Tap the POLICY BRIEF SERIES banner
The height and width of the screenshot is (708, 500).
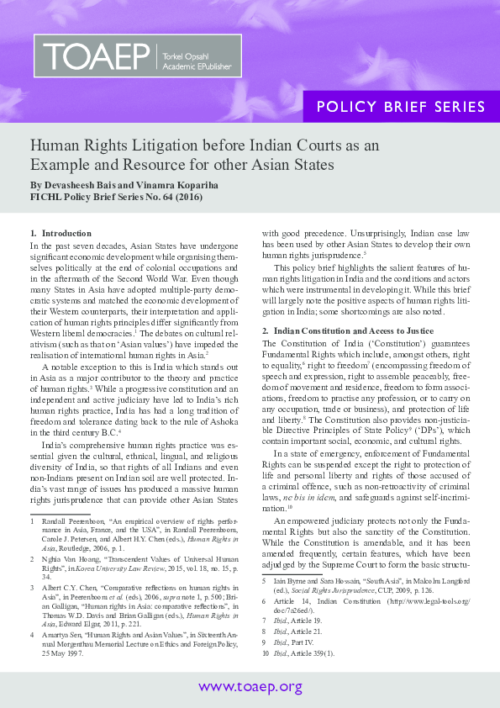[x=400, y=108]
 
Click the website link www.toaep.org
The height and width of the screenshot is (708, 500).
[x=250, y=688]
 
